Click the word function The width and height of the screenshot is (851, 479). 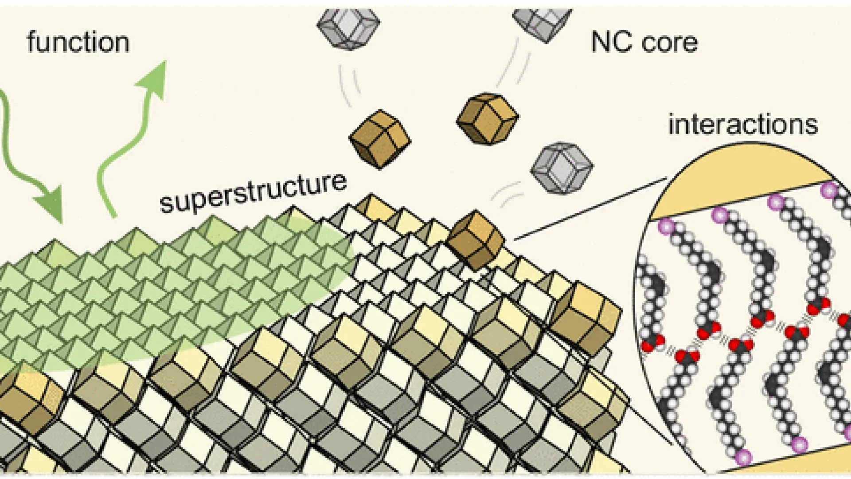pos(78,43)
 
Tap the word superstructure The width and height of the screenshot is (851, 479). pos(253,193)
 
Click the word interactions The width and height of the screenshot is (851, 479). pos(743,125)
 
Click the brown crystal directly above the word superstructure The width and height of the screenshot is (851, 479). pos(380,139)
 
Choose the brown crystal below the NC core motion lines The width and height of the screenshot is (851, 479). pos(488,118)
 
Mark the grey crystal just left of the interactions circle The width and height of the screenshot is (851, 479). pos(562,168)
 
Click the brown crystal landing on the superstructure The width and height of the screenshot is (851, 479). pos(475,240)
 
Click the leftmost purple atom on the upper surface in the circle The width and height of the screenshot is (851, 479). pos(666,227)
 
